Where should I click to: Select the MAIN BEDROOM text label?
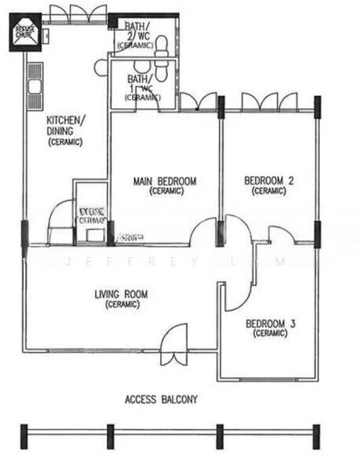click(165, 181)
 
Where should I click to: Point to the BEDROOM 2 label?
click(269, 181)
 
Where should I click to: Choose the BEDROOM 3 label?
click(271, 324)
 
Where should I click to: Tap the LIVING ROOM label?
click(121, 296)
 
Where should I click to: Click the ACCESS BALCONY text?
click(161, 400)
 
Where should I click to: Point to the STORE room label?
click(92, 214)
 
